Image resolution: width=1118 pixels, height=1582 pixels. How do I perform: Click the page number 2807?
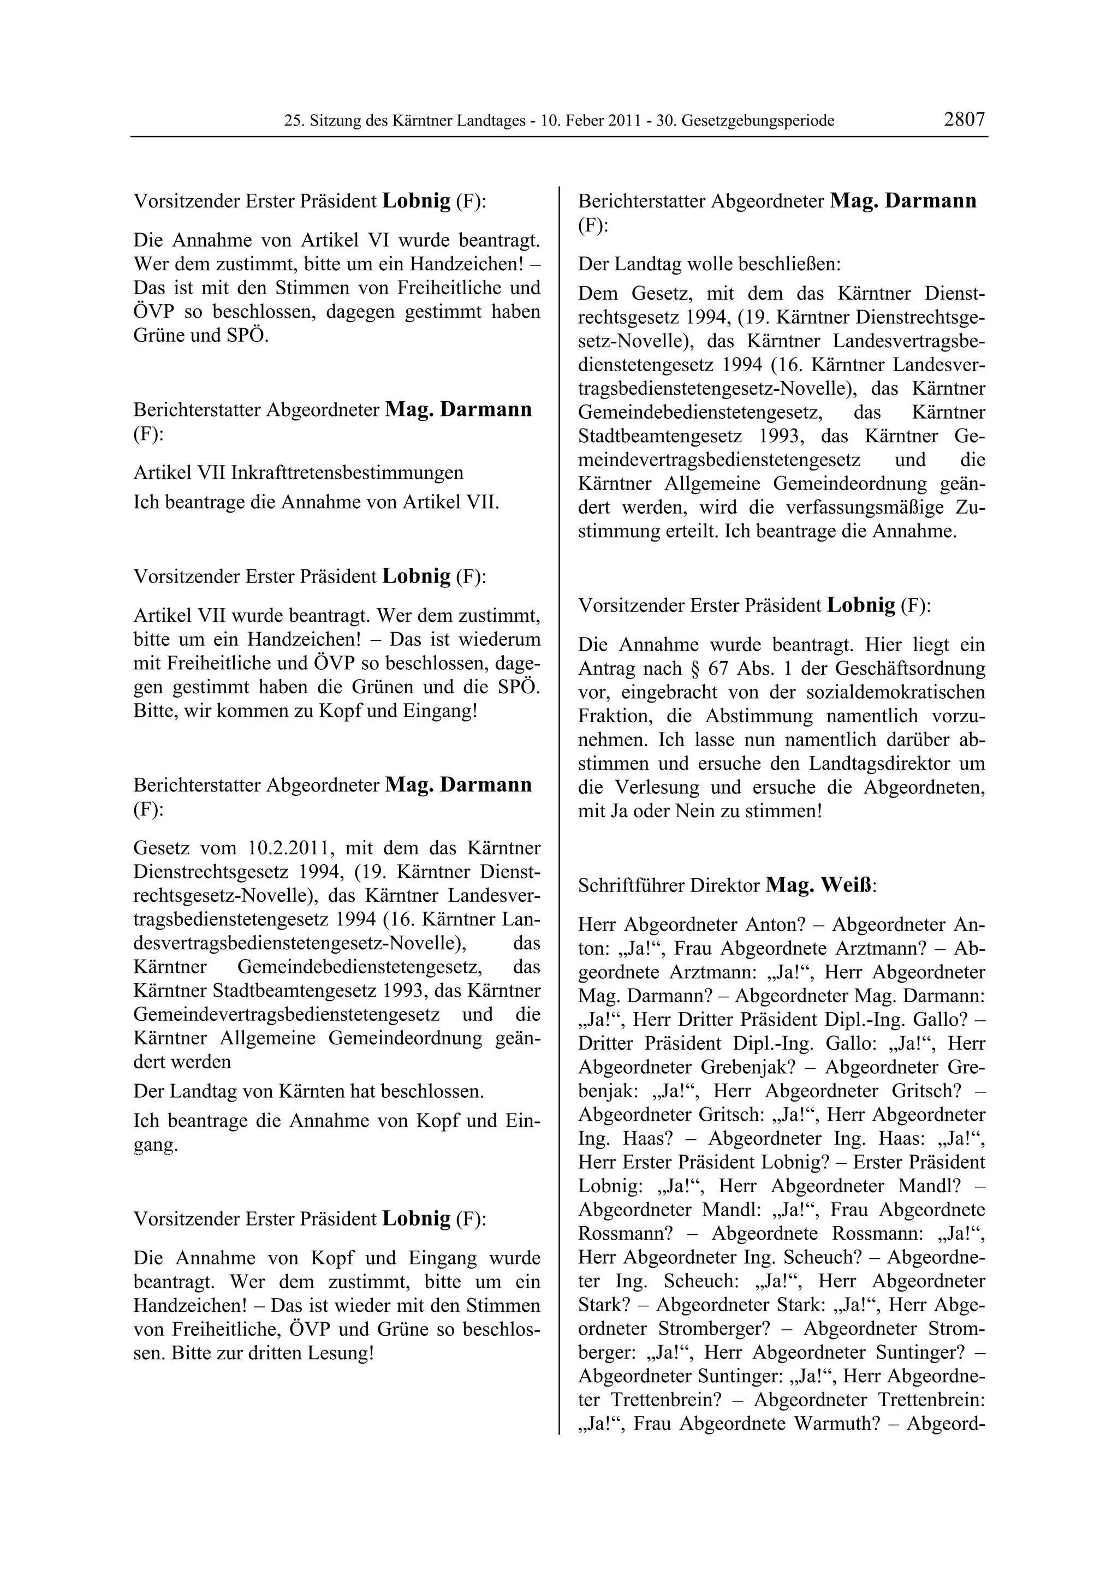point(965,119)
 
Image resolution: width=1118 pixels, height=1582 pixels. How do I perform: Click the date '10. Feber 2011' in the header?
point(591,121)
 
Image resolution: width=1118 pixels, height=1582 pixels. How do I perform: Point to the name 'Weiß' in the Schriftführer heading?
point(849,885)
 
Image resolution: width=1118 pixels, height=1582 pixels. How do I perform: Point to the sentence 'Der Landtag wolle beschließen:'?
point(710,264)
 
